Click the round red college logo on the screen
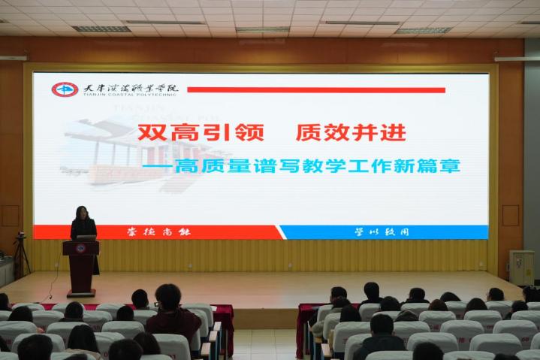(64, 89)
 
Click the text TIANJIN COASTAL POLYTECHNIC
(122, 96)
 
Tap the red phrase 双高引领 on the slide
(200, 133)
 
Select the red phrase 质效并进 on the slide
(350, 133)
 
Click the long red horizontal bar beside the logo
(315, 89)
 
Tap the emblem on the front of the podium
(80, 249)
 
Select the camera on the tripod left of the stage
(20, 239)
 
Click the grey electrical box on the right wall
(521, 267)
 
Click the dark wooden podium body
(80, 267)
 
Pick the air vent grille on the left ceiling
(101, 29)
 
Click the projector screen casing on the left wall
(14, 58)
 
